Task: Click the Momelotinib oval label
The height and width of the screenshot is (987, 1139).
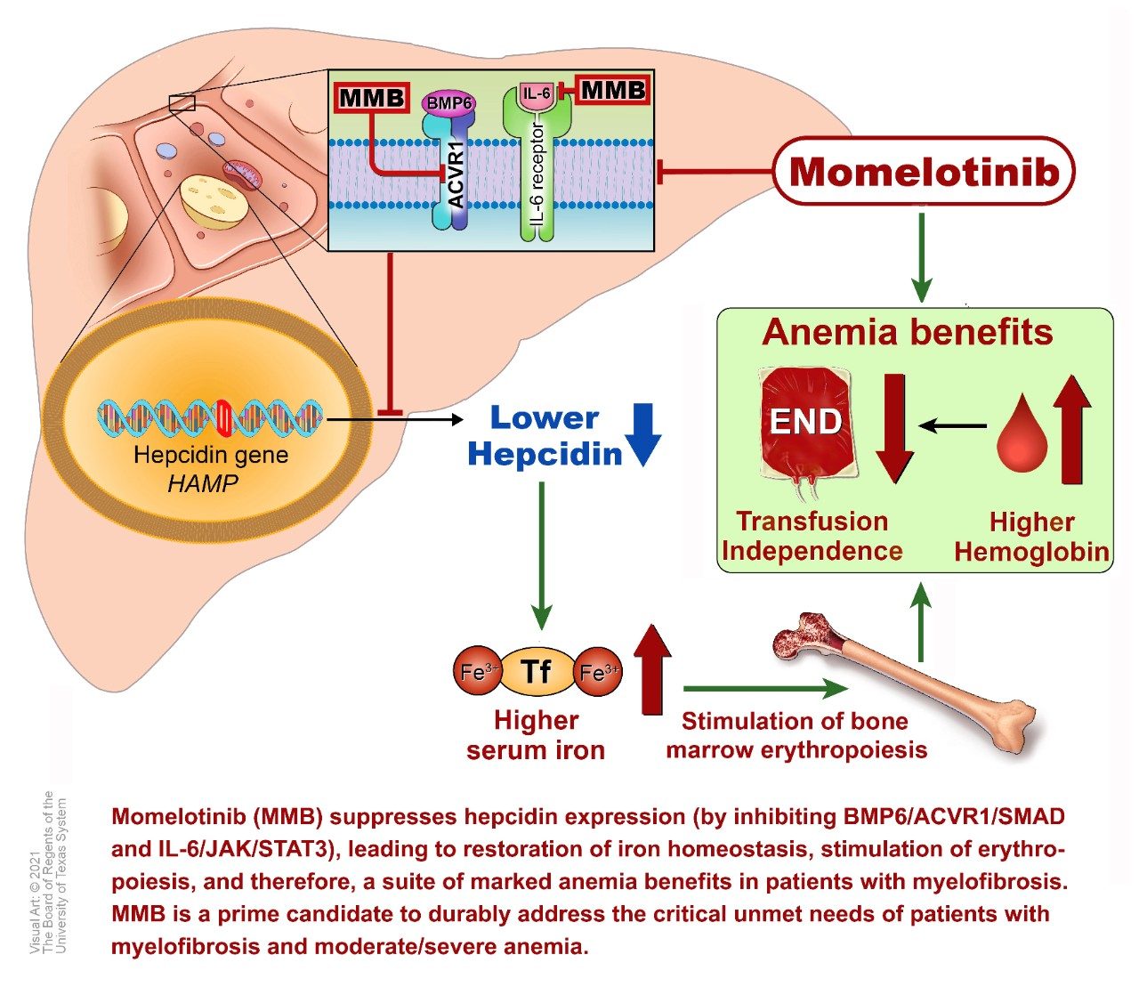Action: point(924,172)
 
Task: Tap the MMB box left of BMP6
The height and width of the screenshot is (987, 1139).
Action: point(372,98)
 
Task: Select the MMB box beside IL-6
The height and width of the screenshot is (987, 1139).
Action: point(612,89)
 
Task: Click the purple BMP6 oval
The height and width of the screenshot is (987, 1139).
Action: point(448,103)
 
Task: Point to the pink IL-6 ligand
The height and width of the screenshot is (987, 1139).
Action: point(537,93)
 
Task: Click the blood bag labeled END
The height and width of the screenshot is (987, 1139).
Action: point(805,423)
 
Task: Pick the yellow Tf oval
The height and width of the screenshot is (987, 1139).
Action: point(536,671)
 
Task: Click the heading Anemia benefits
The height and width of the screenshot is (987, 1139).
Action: point(908,332)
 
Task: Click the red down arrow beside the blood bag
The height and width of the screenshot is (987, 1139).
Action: point(893,427)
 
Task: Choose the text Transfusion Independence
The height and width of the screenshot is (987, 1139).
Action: point(812,536)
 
